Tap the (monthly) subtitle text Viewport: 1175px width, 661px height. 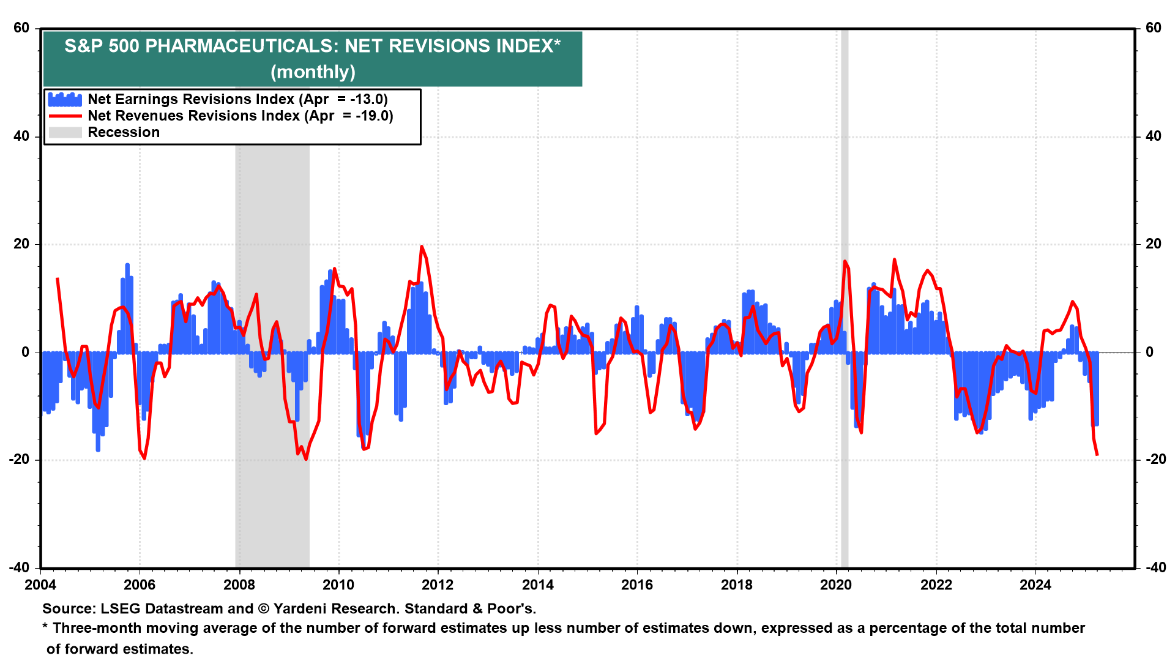(x=313, y=72)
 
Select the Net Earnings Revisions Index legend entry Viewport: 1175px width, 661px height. (x=237, y=99)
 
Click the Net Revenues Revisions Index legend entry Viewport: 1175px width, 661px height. (x=240, y=116)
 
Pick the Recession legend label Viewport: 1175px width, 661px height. (x=124, y=132)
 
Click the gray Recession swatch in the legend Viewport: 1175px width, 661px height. (x=65, y=132)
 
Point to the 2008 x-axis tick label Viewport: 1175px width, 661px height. (x=239, y=585)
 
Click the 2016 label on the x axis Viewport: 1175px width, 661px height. (x=637, y=585)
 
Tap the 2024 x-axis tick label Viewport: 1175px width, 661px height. (x=1035, y=585)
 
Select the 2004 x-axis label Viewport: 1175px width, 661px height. (x=40, y=585)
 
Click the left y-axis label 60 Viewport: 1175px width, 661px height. (x=21, y=28)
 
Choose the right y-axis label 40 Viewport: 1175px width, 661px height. (x=1153, y=136)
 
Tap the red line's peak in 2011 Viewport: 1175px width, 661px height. (x=422, y=247)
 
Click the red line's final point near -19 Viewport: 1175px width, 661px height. (x=1097, y=455)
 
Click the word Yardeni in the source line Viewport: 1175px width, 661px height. (x=302, y=609)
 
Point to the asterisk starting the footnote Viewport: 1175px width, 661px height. (x=45, y=627)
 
